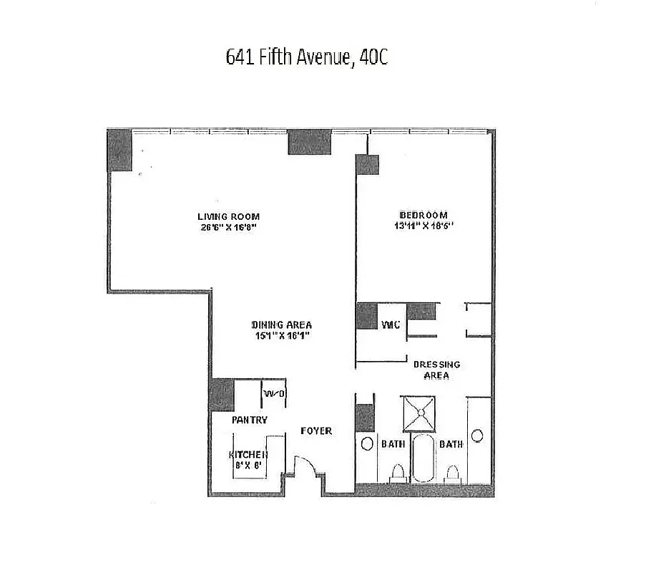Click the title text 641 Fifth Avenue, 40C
pyautogui.click(x=306, y=58)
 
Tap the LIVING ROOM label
pyautogui.click(x=228, y=216)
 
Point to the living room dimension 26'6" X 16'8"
pyautogui.click(x=228, y=228)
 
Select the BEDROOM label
pyautogui.click(x=424, y=215)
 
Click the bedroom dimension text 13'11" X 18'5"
pyautogui.click(x=424, y=226)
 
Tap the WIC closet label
pyautogui.click(x=390, y=325)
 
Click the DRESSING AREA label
pyautogui.click(x=437, y=370)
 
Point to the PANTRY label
pyautogui.click(x=250, y=420)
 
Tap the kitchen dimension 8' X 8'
pyautogui.click(x=248, y=465)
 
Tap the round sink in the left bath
pyautogui.click(x=366, y=443)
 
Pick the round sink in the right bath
pyautogui.click(x=477, y=435)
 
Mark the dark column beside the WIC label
pyautogui.click(x=366, y=316)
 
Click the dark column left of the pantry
pyautogui.click(x=222, y=394)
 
